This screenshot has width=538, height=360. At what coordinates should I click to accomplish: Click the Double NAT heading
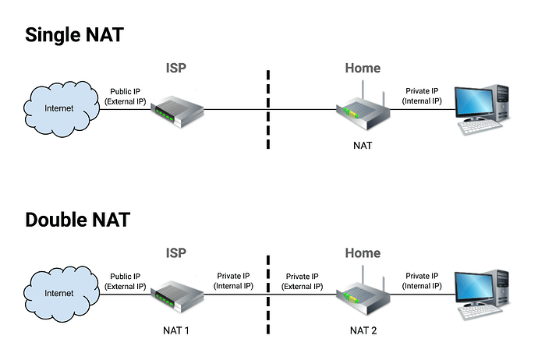pyautogui.click(x=77, y=219)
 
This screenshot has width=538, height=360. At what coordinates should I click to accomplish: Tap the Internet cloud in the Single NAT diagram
pyautogui.click(x=59, y=108)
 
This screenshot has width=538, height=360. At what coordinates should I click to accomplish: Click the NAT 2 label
pyautogui.click(x=363, y=330)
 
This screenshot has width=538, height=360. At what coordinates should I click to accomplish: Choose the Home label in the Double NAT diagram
pyautogui.click(x=363, y=253)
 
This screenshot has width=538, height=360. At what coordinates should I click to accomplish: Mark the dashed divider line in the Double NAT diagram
pyautogui.click(x=267, y=292)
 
